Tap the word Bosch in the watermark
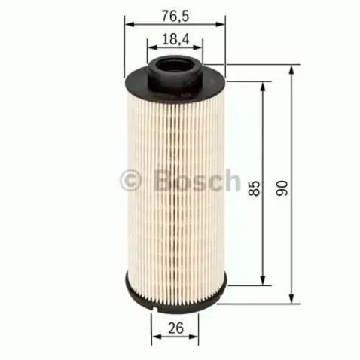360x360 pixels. [191, 180]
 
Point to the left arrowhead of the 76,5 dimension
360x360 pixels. [128, 23]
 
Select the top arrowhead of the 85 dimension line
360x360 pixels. [263, 85]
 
